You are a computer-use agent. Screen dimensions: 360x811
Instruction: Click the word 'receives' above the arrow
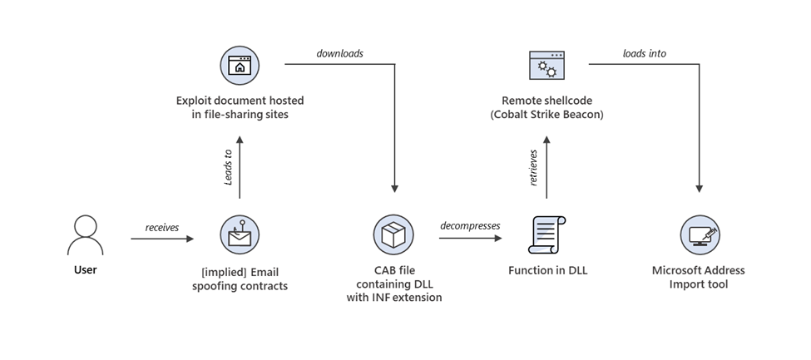click(162, 227)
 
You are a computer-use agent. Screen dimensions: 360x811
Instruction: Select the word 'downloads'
click(339, 54)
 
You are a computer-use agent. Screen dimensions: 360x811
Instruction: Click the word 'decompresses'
click(470, 227)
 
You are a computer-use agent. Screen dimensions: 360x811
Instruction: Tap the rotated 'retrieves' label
click(535, 168)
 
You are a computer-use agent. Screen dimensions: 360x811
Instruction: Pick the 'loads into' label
click(644, 54)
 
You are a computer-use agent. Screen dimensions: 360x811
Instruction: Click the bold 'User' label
click(86, 270)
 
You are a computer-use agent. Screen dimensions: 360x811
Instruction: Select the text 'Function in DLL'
click(547, 270)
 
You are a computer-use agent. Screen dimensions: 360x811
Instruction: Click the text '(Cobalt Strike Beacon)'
click(546, 114)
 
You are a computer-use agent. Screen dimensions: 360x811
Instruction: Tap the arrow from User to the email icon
click(162, 239)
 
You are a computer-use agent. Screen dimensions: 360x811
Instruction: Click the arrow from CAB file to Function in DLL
click(470, 239)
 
